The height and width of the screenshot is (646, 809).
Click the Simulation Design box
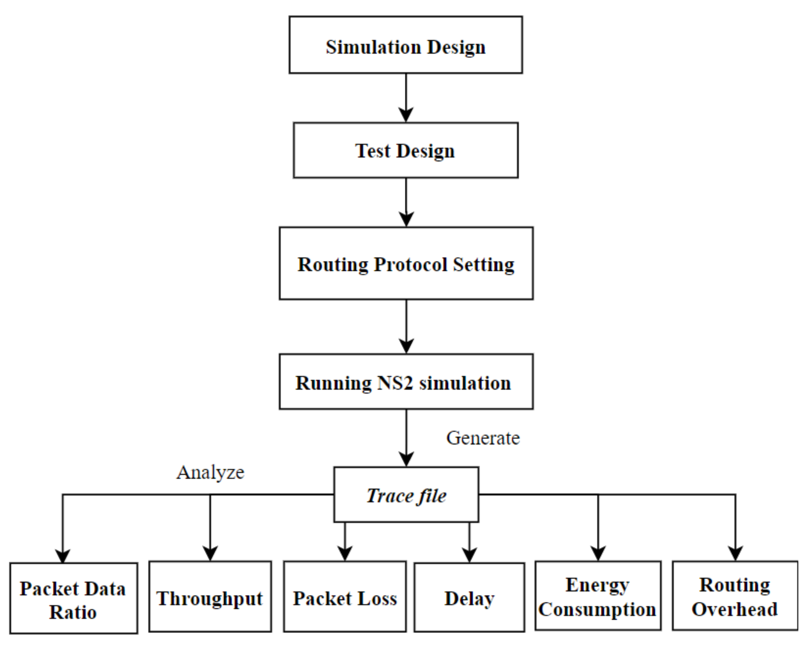405,45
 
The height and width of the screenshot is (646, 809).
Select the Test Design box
405,150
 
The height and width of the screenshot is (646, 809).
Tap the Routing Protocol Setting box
406,263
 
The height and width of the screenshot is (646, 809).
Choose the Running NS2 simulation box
406,382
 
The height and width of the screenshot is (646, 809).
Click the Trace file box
406,495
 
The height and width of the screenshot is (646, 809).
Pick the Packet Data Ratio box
73,598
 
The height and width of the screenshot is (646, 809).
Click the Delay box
469,598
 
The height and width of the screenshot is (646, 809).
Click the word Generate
482,438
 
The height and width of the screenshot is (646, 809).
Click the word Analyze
210,472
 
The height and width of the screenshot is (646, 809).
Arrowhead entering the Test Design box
406,115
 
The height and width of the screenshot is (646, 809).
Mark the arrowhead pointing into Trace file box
406,459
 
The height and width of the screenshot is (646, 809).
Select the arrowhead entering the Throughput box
210,554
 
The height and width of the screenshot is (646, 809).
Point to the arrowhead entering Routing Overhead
735,553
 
